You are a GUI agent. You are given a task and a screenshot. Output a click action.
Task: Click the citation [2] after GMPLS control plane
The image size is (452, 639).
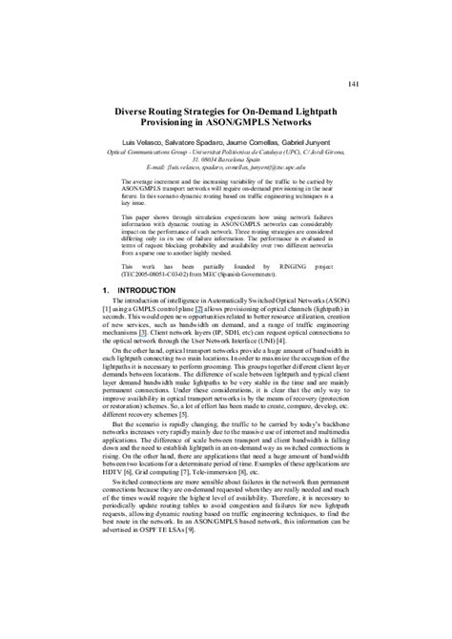point(198,284)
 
